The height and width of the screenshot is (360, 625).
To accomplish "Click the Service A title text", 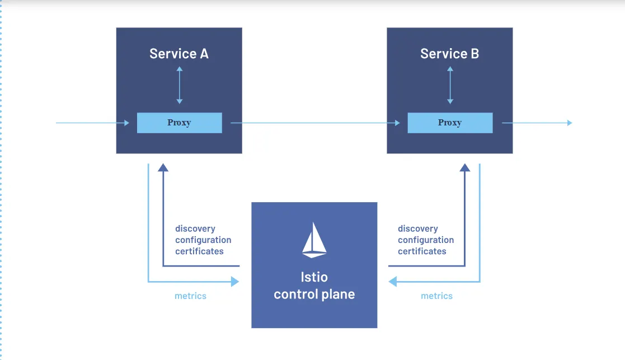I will [x=178, y=54].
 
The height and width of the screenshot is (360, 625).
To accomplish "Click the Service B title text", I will [x=449, y=54].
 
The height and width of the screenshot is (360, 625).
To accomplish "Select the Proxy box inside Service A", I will [x=179, y=123].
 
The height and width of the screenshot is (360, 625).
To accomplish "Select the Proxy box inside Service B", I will [x=450, y=123].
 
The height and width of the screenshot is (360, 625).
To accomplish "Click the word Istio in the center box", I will [x=314, y=277].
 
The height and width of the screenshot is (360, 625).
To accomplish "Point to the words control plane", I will [x=314, y=294].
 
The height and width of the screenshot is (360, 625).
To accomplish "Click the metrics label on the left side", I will [x=190, y=296].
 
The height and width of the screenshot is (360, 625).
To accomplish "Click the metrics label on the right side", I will [x=436, y=296].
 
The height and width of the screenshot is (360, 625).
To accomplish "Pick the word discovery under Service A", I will [x=195, y=228].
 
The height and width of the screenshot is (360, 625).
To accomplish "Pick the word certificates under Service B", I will [x=422, y=251].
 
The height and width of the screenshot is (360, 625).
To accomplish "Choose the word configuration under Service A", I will [x=203, y=240].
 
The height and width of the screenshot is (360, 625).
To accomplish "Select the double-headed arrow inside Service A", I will [x=179, y=85].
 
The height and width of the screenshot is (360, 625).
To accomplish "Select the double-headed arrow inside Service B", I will [x=450, y=85].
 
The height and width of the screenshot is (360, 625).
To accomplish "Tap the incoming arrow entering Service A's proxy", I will [x=93, y=123].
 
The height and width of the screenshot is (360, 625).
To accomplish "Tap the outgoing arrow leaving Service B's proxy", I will [x=537, y=123].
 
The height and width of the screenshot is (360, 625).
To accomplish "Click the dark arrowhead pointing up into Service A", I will [x=163, y=167].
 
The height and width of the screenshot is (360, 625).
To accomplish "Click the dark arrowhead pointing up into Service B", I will [x=464, y=167].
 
